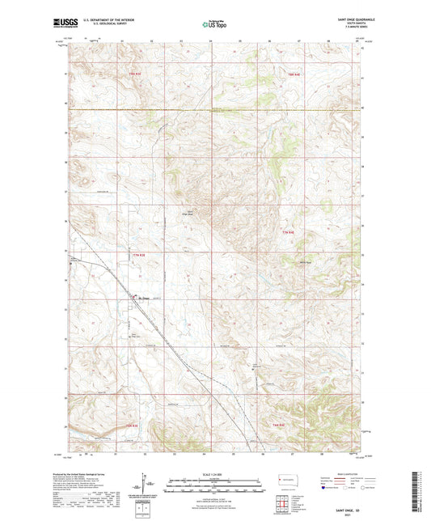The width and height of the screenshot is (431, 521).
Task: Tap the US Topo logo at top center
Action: click(x=214, y=24)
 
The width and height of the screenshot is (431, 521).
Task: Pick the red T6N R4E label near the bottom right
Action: click(x=277, y=425)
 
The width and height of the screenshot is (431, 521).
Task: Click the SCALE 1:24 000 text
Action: click(x=215, y=473)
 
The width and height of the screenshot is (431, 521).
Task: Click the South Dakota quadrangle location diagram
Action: click(x=288, y=481)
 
